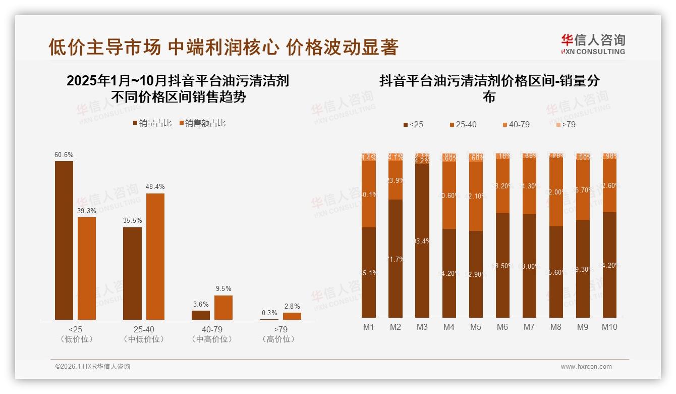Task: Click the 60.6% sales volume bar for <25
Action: (64, 240)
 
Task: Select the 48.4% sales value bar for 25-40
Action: (155, 257)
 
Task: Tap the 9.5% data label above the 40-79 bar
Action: (223, 289)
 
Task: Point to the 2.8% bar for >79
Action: (292, 316)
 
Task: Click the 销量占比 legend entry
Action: (152, 123)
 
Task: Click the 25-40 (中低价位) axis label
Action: (144, 334)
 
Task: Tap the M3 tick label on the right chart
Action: (422, 327)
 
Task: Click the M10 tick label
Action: (609, 327)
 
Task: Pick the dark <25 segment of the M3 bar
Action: (422, 240)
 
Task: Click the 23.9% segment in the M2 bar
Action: (396, 180)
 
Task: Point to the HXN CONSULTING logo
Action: (593, 44)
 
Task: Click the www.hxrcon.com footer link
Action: (586, 367)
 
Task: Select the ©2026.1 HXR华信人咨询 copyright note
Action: (92, 367)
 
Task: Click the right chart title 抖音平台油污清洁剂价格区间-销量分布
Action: (489, 88)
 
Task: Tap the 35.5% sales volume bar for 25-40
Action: (132, 273)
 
